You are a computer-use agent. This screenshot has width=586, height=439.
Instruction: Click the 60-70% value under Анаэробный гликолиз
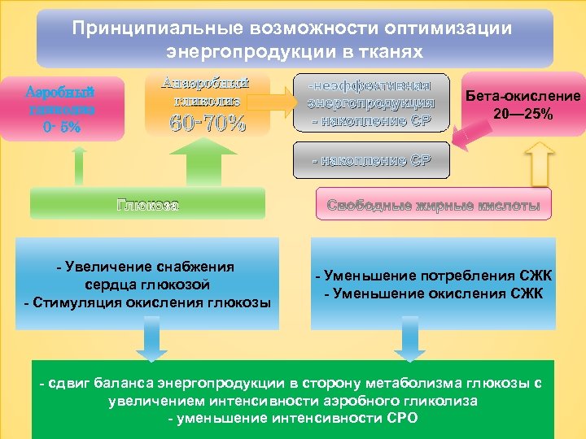[207, 124]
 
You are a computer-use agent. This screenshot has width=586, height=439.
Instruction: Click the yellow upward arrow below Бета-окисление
[538, 164]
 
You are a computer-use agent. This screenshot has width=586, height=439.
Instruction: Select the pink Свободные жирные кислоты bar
[434, 206]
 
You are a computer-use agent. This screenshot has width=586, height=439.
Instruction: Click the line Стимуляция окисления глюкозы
[148, 303]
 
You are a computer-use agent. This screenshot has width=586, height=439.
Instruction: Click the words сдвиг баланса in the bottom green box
[97, 383]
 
